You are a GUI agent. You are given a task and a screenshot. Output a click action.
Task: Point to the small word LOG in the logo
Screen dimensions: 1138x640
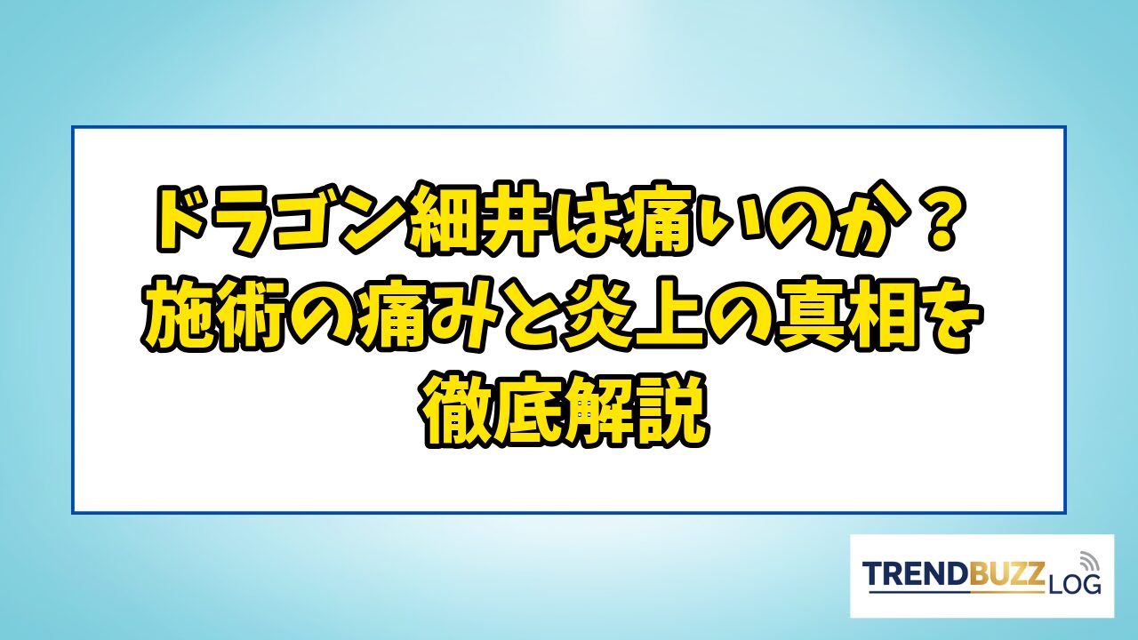pyautogui.click(x=1074, y=585)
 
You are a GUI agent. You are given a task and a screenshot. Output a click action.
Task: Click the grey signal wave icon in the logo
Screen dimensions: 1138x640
pyautogui.click(x=1088, y=561)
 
